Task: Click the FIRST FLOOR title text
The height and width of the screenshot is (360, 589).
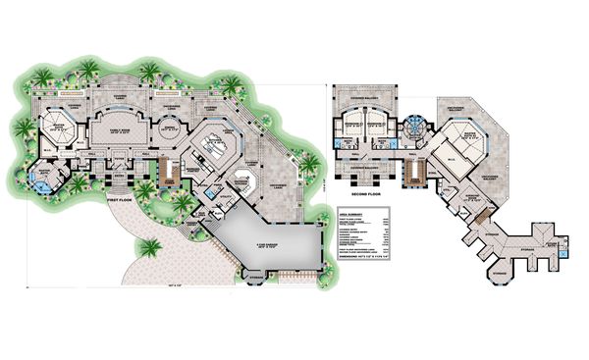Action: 119,196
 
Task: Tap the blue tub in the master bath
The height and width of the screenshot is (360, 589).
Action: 40,179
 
